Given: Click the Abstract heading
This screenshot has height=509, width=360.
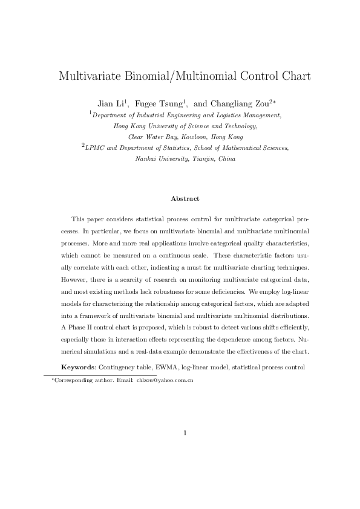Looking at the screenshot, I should [x=185, y=198].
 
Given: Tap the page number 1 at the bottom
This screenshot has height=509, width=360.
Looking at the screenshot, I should [x=185, y=433].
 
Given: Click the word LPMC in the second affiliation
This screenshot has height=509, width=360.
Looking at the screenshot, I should [x=96, y=148].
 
